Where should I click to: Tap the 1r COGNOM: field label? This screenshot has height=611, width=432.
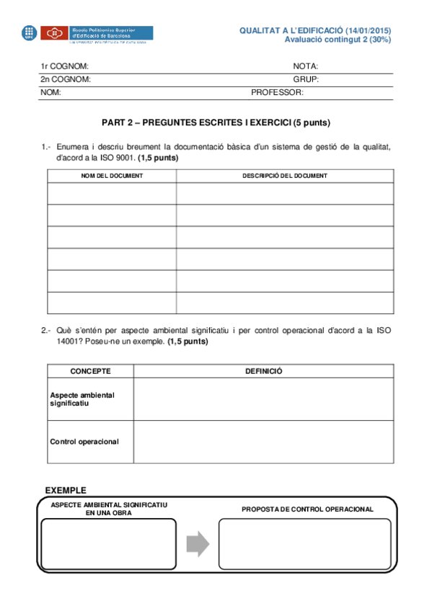[x=64, y=66]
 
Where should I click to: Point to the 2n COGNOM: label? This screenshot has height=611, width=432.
[x=65, y=79]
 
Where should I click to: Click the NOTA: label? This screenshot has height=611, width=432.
[x=306, y=66]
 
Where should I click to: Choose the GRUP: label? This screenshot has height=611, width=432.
[x=306, y=79]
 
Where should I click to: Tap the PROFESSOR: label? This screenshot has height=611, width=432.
[x=277, y=92]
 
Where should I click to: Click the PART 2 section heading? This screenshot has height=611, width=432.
[x=216, y=122]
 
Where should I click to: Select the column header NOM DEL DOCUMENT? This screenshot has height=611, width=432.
[x=112, y=176]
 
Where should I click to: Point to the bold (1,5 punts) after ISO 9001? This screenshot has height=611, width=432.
[x=158, y=157]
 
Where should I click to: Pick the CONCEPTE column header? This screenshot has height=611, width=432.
[x=90, y=371]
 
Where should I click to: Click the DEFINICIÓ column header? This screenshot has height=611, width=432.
[x=263, y=371]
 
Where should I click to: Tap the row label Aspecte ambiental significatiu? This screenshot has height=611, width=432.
[x=81, y=399]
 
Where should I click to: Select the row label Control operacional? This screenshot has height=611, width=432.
[x=84, y=441]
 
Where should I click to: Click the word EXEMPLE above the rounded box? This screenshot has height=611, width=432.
[x=66, y=490]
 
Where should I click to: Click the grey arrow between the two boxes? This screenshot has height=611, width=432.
[x=198, y=543]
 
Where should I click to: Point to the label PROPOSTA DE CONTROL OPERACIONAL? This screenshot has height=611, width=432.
[x=307, y=509]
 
